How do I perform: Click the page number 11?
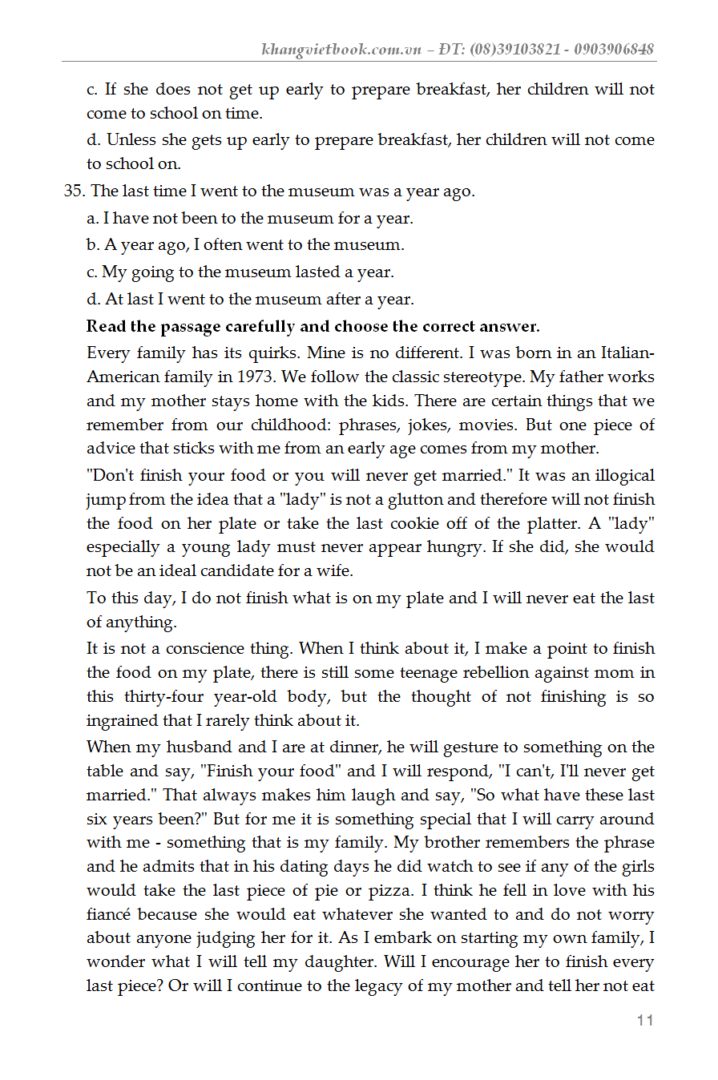point(645,1020)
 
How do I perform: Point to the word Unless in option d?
point(132,139)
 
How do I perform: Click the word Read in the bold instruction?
point(107,326)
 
